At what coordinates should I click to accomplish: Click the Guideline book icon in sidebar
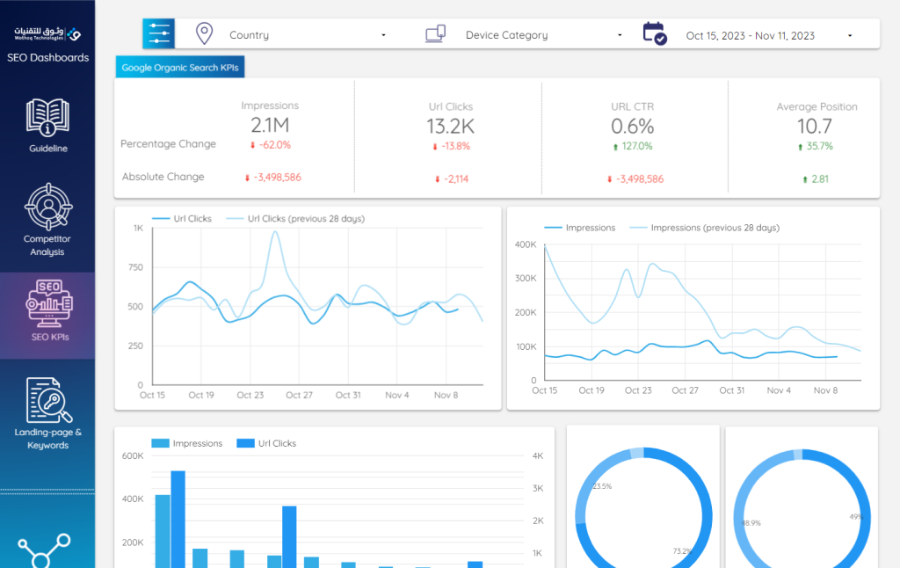[x=47, y=116]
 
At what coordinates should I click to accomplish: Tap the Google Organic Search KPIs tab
[x=181, y=67]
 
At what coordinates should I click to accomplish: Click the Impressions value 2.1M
[x=270, y=125]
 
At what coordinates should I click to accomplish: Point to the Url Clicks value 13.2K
[x=450, y=127]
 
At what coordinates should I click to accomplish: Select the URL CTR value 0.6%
[x=633, y=127]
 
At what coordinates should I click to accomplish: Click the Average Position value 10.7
[x=815, y=127]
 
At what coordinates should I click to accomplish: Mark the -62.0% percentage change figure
[x=275, y=145]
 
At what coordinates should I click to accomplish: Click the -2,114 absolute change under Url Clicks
[x=456, y=179]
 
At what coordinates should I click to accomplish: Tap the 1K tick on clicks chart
[x=138, y=228]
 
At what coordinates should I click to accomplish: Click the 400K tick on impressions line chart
[x=525, y=244]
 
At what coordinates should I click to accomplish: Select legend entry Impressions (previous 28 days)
[x=714, y=228]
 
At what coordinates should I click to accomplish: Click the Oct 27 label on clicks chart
[x=299, y=396]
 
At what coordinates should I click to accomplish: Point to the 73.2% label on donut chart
[x=682, y=551]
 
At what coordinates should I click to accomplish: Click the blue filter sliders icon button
[x=159, y=33]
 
